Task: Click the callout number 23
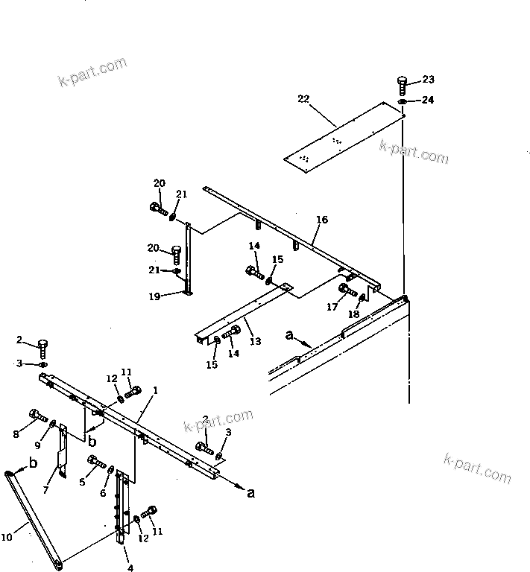tap(428, 80)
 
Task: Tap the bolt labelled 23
tap(403, 83)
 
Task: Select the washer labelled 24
tap(403, 101)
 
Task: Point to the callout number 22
tap(303, 98)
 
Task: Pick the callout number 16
tap(322, 220)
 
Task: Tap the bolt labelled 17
tap(347, 290)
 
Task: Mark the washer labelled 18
tap(362, 299)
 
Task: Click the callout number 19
tap(154, 296)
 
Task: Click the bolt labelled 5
tap(95, 462)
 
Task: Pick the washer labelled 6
tap(111, 469)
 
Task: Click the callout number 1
tap(155, 390)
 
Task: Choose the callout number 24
tap(428, 100)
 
